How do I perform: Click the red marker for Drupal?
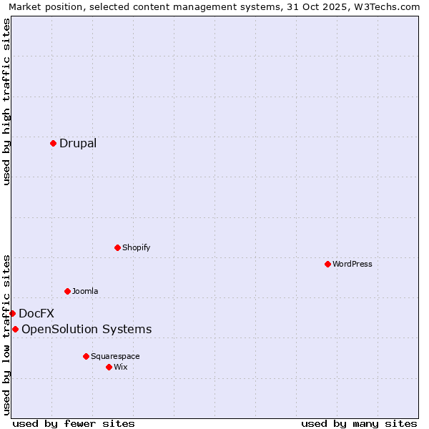click(53, 143)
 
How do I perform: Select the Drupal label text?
click(78, 143)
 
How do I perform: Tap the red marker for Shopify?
click(117, 247)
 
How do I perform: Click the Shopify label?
click(136, 247)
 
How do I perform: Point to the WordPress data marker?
click(327, 264)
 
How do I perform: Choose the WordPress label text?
click(352, 264)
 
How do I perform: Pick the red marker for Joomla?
click(67, 291)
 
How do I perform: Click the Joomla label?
click(85, 291)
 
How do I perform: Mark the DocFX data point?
click(12, 313)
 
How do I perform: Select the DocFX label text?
click(36, 313)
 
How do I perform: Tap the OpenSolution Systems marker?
click(15, 329)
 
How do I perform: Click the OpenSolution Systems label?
click(87, 329)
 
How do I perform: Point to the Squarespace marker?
click(86, 356)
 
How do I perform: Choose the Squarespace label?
click(115, 356)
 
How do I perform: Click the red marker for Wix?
click(109, 367)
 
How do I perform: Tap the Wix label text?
click(121, 367)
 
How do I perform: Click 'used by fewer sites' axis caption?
click(74, 423)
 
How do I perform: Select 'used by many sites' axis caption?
click(359, 423)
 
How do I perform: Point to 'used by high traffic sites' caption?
click(6, 102)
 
